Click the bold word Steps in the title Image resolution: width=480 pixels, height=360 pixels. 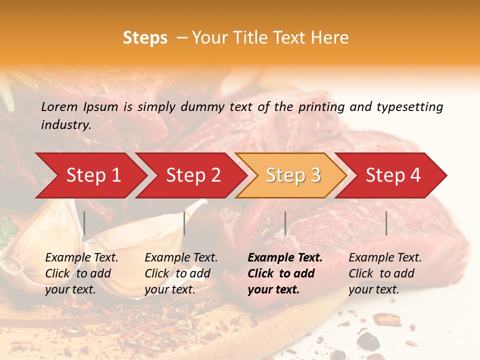coord(145,38)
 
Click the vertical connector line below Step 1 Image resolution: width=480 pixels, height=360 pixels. coord(84,223)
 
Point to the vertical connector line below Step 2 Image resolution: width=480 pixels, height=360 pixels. coord(184,223)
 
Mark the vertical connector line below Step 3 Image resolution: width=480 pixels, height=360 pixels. coord(285,223)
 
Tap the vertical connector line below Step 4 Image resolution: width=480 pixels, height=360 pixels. coord(386,223)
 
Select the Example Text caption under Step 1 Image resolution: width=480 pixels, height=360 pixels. coord(81,273)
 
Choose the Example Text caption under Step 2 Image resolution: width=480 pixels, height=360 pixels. coord(181,273)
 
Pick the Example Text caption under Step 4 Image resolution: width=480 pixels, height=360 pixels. coord(385,273)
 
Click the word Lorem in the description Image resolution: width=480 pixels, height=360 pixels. coord(59,106)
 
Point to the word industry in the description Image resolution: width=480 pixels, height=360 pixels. coord(65,124)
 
